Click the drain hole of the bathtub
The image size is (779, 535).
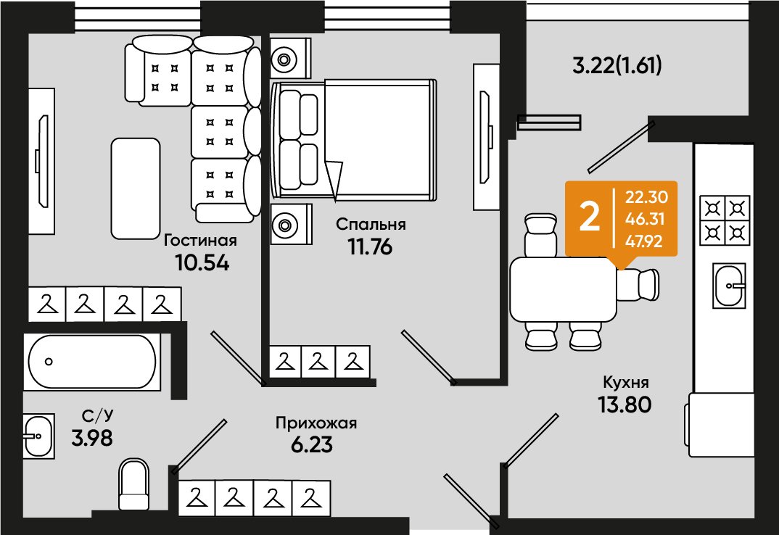point(48,362)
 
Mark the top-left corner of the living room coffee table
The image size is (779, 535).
point(112,138)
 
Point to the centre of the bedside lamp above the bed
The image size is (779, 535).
point(284,59)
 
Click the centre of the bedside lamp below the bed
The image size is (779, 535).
point(284,225)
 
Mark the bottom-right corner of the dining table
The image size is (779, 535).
point(617,321)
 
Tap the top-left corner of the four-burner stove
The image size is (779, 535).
point(700,195)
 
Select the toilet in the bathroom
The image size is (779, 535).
point(134,484)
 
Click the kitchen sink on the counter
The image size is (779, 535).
point(730,286)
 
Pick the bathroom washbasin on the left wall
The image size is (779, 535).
point(38,436)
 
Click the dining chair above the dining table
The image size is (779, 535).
point(540,235)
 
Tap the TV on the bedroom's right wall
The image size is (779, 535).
point(486,136)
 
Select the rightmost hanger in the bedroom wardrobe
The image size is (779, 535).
point(353,362)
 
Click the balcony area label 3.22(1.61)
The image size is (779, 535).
point(617,65)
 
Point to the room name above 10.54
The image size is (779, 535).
point(200,241)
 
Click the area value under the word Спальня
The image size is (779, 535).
point(370,246)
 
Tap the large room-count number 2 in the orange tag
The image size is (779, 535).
point(590,217)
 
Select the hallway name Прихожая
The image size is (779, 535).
point(316,423)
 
